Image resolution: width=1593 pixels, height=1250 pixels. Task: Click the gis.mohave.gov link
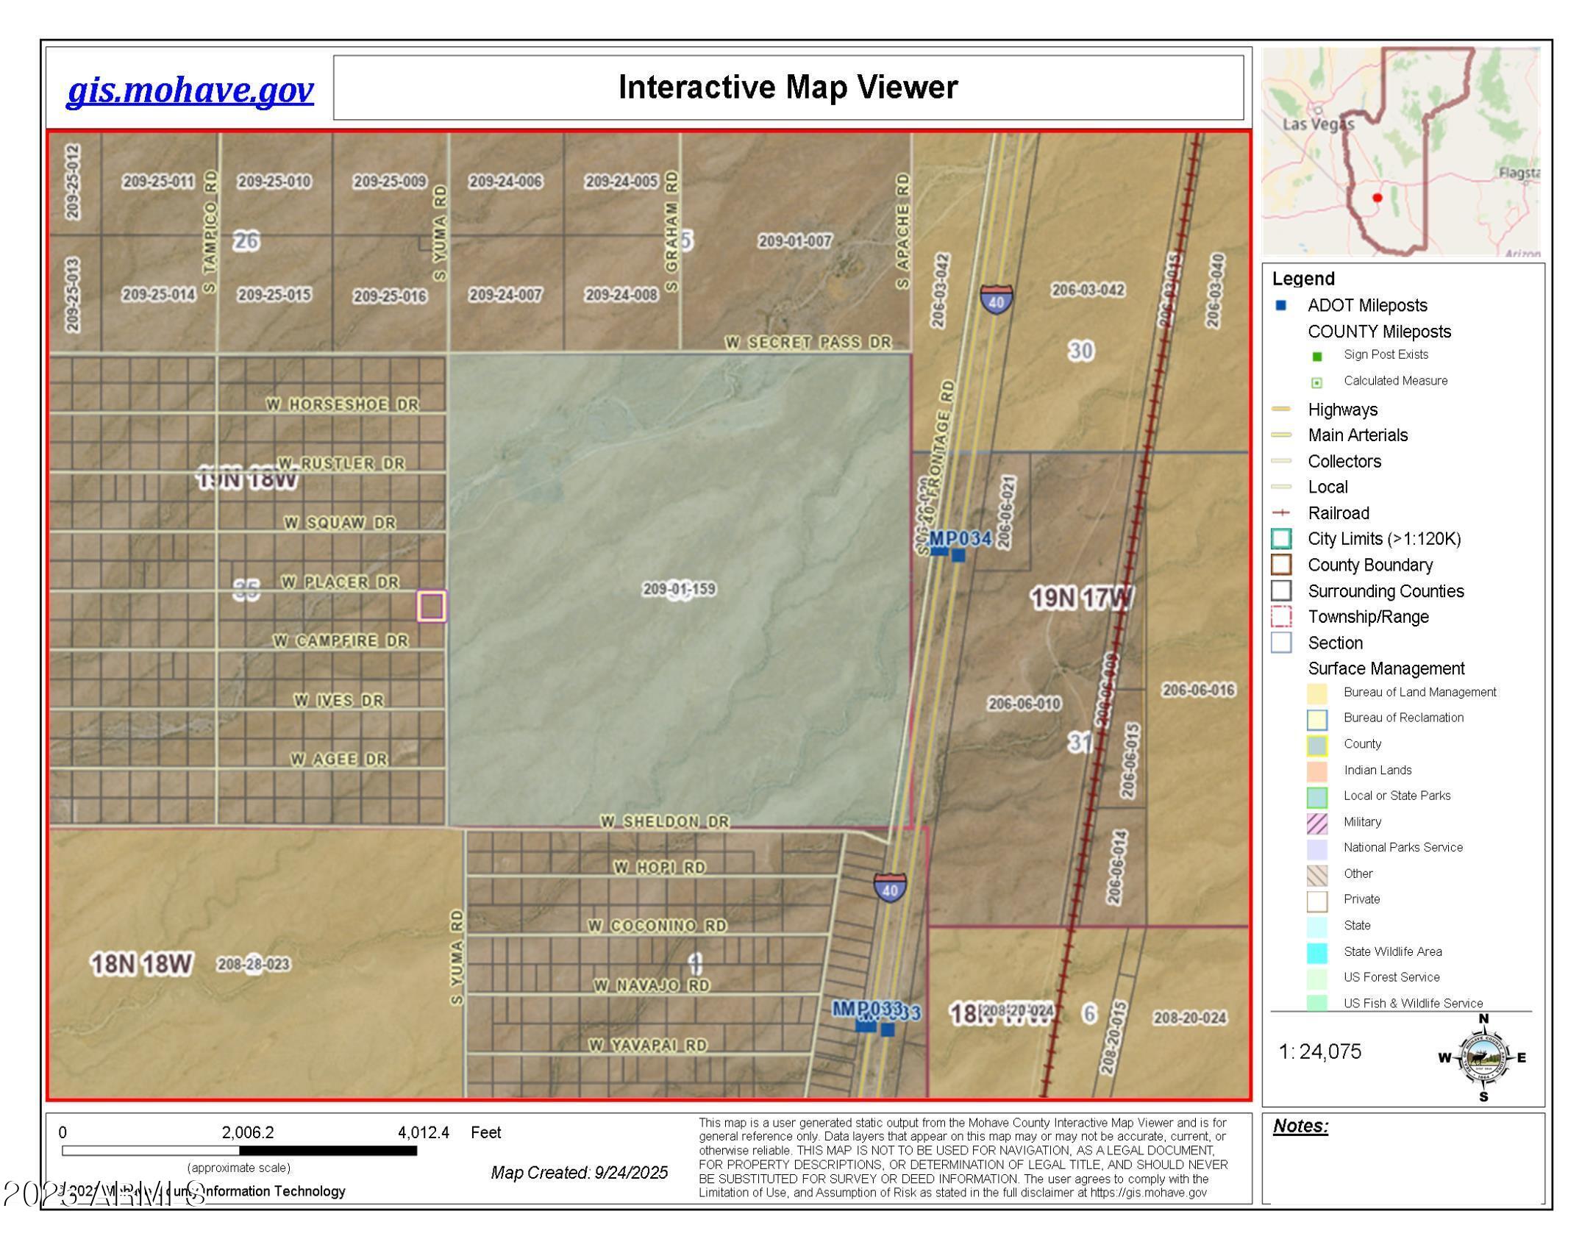(190, 90)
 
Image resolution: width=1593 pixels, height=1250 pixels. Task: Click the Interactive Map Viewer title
(787, 87)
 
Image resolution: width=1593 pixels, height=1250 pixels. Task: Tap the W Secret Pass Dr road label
(808, 343)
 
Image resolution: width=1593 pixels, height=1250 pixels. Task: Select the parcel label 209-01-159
(679, 589)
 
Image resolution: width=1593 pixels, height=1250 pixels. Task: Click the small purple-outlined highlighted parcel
(432, 607)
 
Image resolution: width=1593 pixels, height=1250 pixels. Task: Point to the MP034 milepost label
(961, 539)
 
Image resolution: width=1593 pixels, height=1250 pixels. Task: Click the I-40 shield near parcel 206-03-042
(996, 300)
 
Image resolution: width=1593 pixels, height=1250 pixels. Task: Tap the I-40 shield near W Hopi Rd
(890, 888)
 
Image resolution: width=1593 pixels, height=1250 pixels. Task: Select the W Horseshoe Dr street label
(342, 404)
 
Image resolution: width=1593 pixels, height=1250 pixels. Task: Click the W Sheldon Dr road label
(665, 821)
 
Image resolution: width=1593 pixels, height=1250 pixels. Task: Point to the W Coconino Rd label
(657, 926)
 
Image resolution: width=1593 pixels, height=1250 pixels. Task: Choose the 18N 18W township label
(141, 964)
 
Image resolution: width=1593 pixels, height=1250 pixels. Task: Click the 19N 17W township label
(1080, 599)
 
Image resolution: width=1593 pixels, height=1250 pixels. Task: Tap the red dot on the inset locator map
(1378, 197)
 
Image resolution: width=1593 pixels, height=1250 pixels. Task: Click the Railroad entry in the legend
(1338, 513)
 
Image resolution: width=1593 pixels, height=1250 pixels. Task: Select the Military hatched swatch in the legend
(1316, 823)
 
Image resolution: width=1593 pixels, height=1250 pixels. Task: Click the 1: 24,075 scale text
(1320, 1052)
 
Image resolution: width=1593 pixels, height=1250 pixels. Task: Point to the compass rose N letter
(1483, 1019)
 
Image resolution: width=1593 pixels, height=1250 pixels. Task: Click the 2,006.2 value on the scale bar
(248, 1132)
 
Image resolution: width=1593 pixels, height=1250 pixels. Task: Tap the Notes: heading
(1300, 1126)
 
